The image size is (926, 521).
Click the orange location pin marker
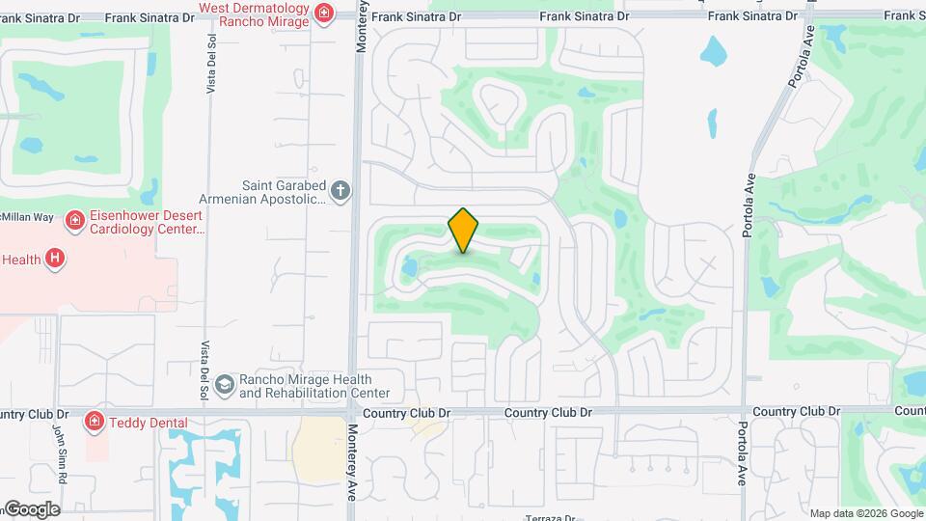click(463, 230)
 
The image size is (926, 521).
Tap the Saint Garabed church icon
click(340, 191)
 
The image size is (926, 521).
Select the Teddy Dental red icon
click(95, 421)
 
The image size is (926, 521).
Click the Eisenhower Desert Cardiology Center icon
click(73, 222)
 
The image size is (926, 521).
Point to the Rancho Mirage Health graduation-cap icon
click(225, 386)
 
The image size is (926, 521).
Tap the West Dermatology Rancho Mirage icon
click(324, 13)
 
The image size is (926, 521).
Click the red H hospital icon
click(56, 259)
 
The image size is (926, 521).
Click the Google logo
click(31, 508)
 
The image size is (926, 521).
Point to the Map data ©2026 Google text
click(866, 513)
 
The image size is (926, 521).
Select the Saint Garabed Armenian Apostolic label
click(281, 191)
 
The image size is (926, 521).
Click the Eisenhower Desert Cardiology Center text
click(146, 222)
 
